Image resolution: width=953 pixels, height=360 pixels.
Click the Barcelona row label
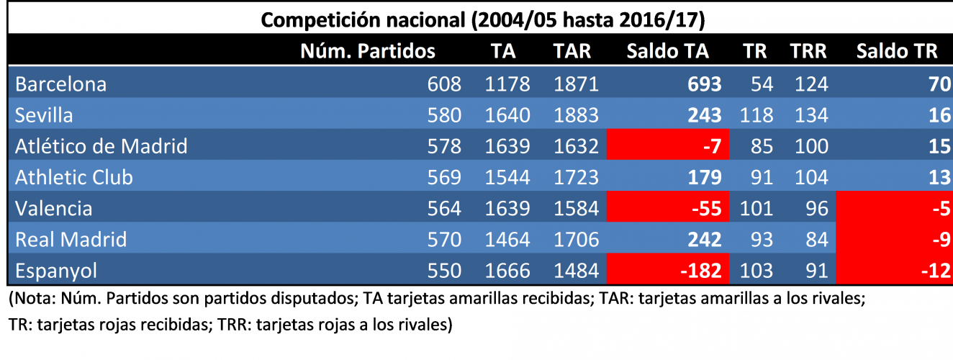click(x=61, y=84)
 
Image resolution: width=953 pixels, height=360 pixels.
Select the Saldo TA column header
click(x=667, y=51)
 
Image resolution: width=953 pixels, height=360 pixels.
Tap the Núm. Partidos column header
click(x=367, y=51)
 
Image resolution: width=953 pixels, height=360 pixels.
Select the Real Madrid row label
click(x=71, y=240)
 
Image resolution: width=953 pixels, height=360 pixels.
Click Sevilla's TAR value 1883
click(x=576, y=115)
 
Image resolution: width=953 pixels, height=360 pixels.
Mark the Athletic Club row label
click(x=74, y=178)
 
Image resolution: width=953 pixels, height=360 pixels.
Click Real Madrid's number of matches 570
click(x=444, y=240)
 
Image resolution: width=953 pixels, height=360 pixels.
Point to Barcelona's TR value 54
click(x=762, y=84)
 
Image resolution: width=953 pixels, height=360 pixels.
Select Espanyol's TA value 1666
click(x=507, y=271)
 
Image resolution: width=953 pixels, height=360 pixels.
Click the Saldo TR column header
click(x=896, y=51)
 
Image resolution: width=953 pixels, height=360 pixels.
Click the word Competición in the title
click(x=314, y=19)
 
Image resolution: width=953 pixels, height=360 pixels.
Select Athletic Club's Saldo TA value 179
click(x=704, y=178)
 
